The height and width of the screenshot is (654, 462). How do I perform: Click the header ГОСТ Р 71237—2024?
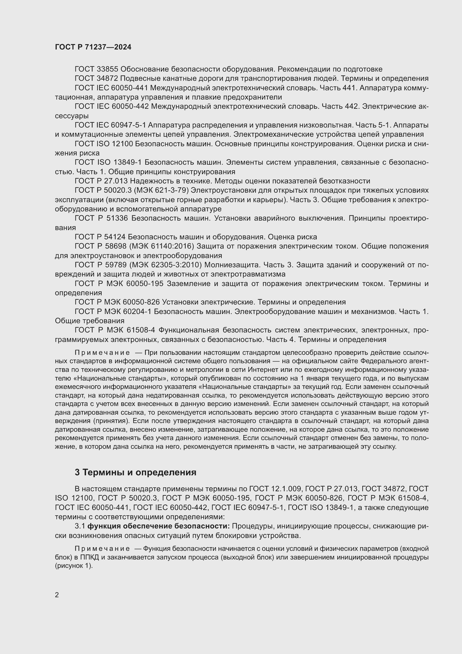tap(93, 47)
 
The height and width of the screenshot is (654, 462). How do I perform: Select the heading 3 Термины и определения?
tap(135, 472)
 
